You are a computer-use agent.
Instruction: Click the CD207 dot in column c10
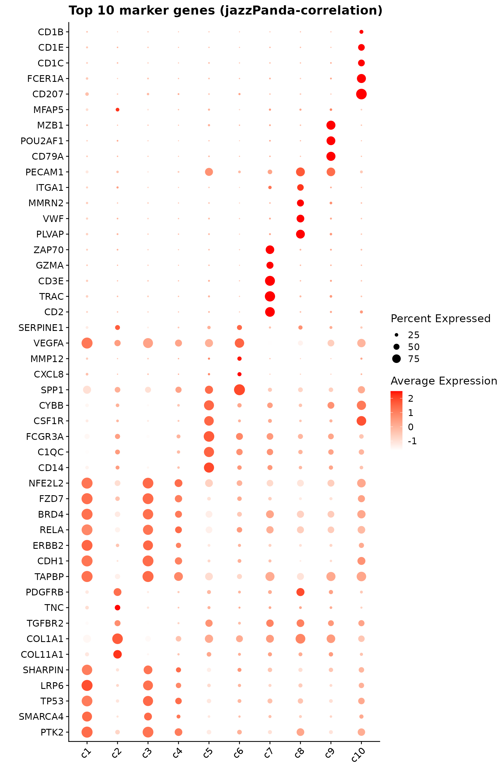click(361, 94)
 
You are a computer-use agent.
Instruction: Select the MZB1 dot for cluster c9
click(331, 125)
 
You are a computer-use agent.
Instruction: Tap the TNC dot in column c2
click(118, 608)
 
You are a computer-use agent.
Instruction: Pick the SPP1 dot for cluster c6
click(239, 389)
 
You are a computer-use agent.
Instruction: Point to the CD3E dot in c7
click(270, 281)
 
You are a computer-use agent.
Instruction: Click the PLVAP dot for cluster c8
click(300, 234)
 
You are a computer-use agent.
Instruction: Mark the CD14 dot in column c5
click(209, 468)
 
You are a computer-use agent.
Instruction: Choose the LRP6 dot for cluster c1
click(87, 685)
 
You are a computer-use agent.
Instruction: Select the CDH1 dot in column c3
click(148, 561)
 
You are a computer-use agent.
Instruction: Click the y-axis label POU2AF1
click(42, 141)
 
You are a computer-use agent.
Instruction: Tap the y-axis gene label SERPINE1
click(41, 327)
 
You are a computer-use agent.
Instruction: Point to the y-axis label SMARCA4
click(41, 716)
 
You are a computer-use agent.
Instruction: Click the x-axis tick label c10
click(359, 755)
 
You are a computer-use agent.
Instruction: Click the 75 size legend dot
click(396, 359)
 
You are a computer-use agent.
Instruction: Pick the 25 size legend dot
click(396, 335)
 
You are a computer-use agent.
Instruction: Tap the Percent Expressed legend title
click(440, 319)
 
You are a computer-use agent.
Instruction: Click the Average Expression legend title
click(444, 381)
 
